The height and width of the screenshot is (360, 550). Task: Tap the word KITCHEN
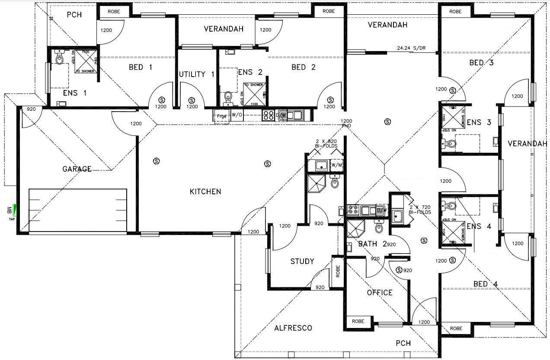coord(206,192)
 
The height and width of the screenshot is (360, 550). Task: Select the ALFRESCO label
coord(293,328)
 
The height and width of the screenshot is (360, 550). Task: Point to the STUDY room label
coord(302,261)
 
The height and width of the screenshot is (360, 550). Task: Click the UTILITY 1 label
coord(197,74)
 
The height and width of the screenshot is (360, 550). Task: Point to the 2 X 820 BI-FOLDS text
coord(326,144)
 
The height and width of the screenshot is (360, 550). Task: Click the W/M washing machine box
coord(336,165)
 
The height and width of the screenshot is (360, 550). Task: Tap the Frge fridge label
coord(222,116)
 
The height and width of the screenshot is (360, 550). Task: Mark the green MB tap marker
coord(15,210)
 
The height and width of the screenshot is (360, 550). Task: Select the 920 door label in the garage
coord(31,110)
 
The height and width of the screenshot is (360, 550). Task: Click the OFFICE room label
coord(380,292)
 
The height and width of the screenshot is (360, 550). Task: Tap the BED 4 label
coord(486,284)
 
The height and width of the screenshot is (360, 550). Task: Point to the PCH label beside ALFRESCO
coord(403,344)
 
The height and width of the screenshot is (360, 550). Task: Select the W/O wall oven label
coord(237,115)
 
